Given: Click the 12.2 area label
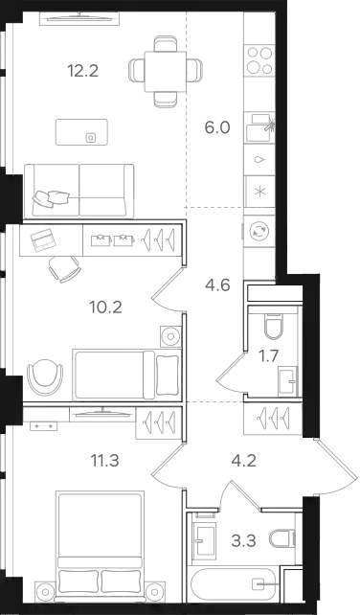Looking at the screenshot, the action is point(82,72).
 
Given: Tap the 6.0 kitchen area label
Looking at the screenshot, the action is point(217,127).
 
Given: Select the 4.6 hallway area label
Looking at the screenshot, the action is point(217,285).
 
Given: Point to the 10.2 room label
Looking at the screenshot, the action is point(106,307).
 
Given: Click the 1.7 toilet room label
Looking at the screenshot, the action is point(268,356).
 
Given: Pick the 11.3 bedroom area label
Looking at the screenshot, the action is point(104,461).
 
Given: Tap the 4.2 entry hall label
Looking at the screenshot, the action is point(243,461).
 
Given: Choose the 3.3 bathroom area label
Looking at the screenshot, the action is point(243,541).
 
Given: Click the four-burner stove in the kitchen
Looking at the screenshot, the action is point(259,60).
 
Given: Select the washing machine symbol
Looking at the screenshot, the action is point(259,232).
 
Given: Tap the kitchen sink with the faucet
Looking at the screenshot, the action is point(259,127).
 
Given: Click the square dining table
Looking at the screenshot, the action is point(165,72).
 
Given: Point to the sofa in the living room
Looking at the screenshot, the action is point(79,191).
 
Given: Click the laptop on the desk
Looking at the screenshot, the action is point(43,240).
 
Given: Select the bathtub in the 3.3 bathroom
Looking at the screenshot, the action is point(234,584).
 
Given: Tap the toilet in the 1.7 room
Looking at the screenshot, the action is point(273,327).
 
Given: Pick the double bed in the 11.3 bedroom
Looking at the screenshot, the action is point(100,545).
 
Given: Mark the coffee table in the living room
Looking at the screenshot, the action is point(81,132).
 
